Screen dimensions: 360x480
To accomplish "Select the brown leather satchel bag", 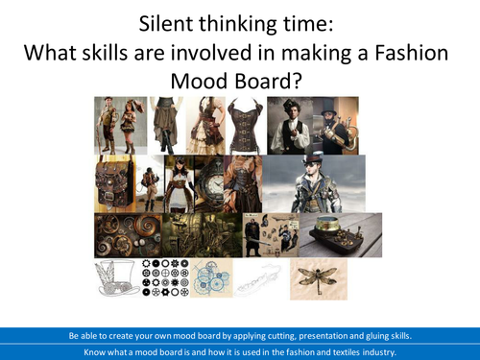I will tap(115, 182).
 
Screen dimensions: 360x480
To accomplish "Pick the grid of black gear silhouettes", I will tap(163, 278).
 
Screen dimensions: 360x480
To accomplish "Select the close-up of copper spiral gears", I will tap(125, 233).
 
